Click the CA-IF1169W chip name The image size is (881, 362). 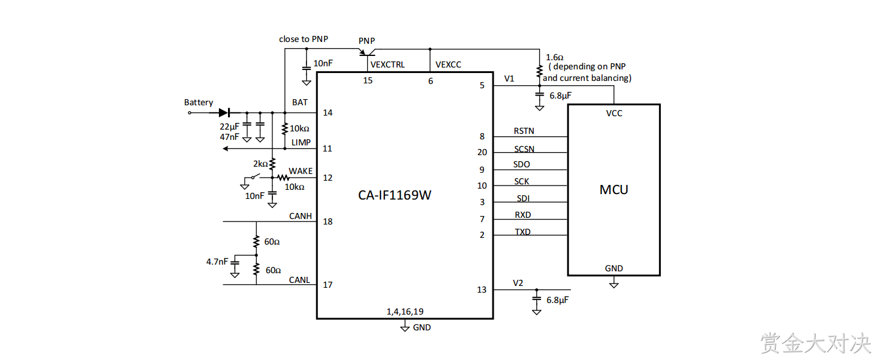(x=395, y=195)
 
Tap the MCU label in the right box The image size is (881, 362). (x=613, y=190)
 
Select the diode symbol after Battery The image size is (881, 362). (x=224, y=113)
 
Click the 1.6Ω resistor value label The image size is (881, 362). (x=555, y=57)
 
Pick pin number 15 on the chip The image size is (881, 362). (x=368, y=81)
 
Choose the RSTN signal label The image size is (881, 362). (x=524, y=131)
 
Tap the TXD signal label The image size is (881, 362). (x=523, y=232)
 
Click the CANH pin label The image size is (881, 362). (x=300, y=216)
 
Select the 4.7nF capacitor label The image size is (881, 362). (x=217, y=262)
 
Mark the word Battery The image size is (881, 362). (x=199, y=103)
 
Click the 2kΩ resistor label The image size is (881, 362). (x=260, y=164)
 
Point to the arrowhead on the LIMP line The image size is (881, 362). (x=226, y=148)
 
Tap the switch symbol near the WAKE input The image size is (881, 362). (x=255, y=176)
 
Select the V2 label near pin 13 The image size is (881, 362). (x=518, y=283)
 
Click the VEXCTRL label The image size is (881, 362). (x=387, y=64)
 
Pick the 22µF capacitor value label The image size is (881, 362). (x=229, y=127)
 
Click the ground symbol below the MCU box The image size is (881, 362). (x=614, y=284)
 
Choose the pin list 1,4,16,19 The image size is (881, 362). (x=405, y=312)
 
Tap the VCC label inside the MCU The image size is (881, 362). (x=614, y=113)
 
